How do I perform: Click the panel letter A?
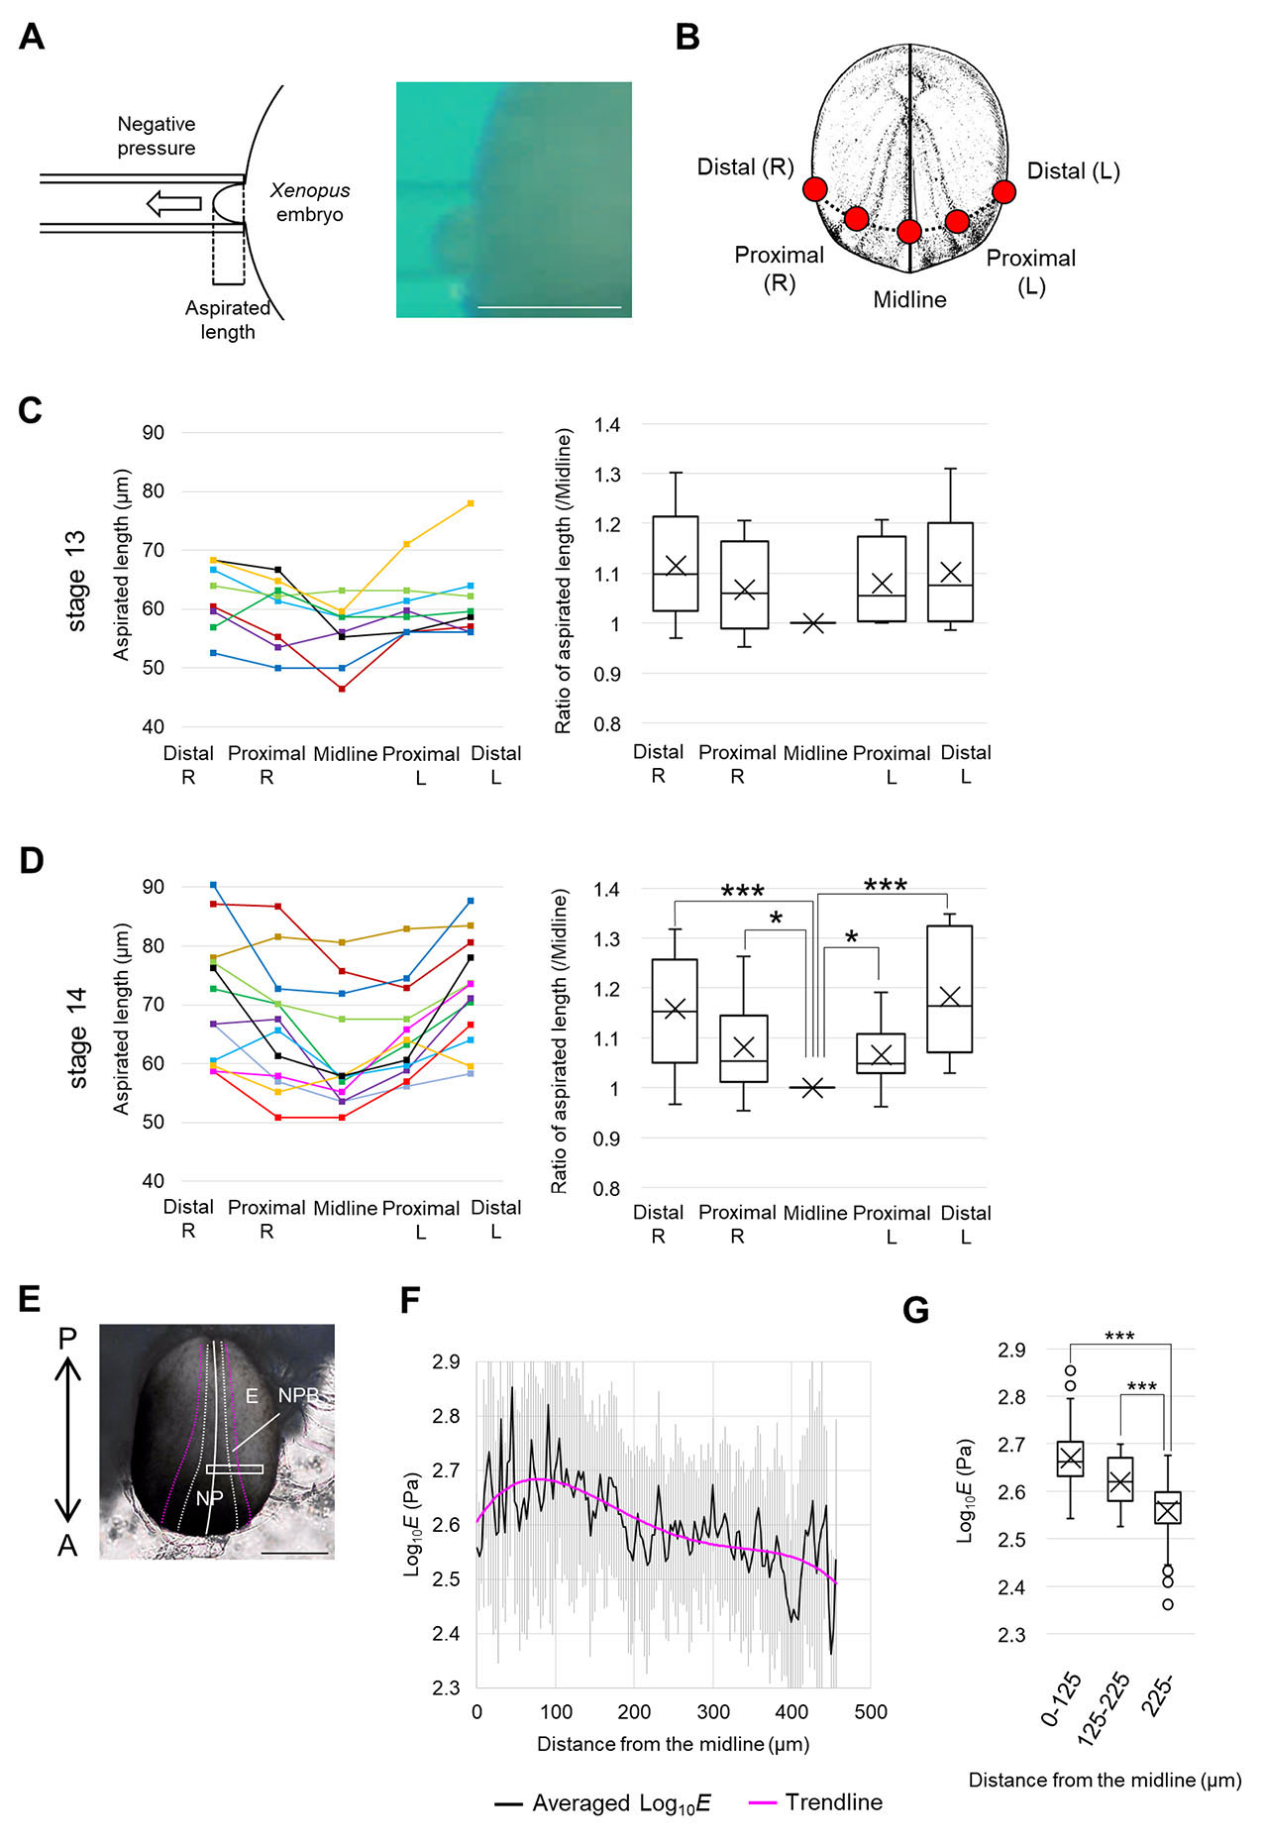(x=32, y=37)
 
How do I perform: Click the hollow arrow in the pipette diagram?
(x=173, y=204)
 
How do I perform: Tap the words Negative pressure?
(x=157, y=136)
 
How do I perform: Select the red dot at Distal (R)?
(x=815, y=189)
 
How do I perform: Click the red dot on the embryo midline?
(x=909, y=232)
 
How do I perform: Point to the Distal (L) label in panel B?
(x=1073, y=171)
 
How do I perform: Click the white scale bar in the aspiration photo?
(x=549, y=307)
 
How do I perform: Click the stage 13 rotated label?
(x=76, y=582)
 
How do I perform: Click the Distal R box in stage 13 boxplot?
(x=676, y=563)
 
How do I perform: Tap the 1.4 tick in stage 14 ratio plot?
(x=607, y=890)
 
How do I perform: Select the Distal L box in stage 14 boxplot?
(x=950, y=989)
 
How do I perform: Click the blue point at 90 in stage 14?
(x=213, y=885)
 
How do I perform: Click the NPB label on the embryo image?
(x=297, y=1395)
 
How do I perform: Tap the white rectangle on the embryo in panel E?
(x=235, y=1469)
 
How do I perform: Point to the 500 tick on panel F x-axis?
(x=871, y=1712)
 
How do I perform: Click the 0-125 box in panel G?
(x=1071, y=1459)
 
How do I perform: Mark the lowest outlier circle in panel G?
(x=1168, y=1604)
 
